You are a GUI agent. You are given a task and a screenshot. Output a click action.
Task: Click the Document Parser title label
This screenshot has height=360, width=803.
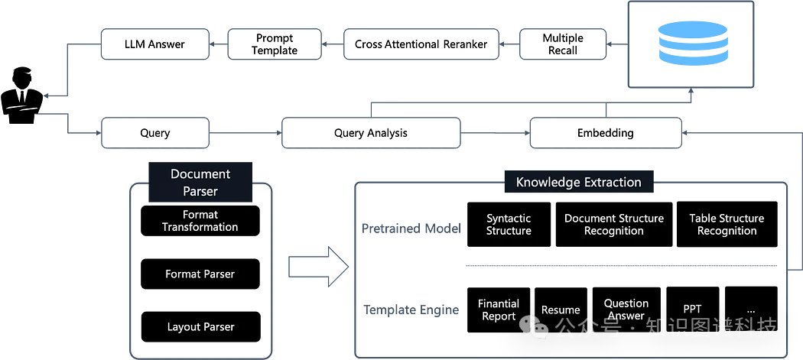[200, 183]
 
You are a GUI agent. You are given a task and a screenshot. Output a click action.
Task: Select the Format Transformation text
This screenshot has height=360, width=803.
[200, 221]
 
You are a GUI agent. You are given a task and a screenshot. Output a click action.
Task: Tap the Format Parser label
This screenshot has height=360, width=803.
[200, 274]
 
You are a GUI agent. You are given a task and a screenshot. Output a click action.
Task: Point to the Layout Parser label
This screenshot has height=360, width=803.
[200, 327]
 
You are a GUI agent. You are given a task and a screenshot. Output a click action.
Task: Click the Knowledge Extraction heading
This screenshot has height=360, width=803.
[578, 182]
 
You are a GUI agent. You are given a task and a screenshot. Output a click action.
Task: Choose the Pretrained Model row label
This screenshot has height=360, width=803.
[411, 228]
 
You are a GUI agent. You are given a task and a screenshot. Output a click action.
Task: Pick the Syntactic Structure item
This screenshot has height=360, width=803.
[509, 225]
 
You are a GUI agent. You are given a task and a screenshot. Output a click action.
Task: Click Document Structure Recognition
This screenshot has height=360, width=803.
[614, 225]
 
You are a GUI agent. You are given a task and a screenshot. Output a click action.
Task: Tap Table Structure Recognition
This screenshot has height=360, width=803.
[727, 225]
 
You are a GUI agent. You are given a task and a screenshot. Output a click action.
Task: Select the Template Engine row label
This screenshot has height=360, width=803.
[411, 310]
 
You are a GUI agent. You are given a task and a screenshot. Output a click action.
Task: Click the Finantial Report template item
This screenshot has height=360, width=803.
[499, 310]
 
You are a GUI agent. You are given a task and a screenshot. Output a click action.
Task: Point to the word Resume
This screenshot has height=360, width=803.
[561, 310]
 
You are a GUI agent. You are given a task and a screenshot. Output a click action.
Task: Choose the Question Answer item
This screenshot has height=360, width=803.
[626, 310]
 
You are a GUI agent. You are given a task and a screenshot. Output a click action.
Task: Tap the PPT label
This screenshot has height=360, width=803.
[692, 309]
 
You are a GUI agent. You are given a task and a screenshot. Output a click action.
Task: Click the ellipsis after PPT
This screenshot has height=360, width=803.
[750, 310]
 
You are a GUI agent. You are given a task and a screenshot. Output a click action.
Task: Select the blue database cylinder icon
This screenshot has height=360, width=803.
[692, 44]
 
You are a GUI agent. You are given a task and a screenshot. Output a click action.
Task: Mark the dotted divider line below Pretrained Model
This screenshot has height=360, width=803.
[620, 266]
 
